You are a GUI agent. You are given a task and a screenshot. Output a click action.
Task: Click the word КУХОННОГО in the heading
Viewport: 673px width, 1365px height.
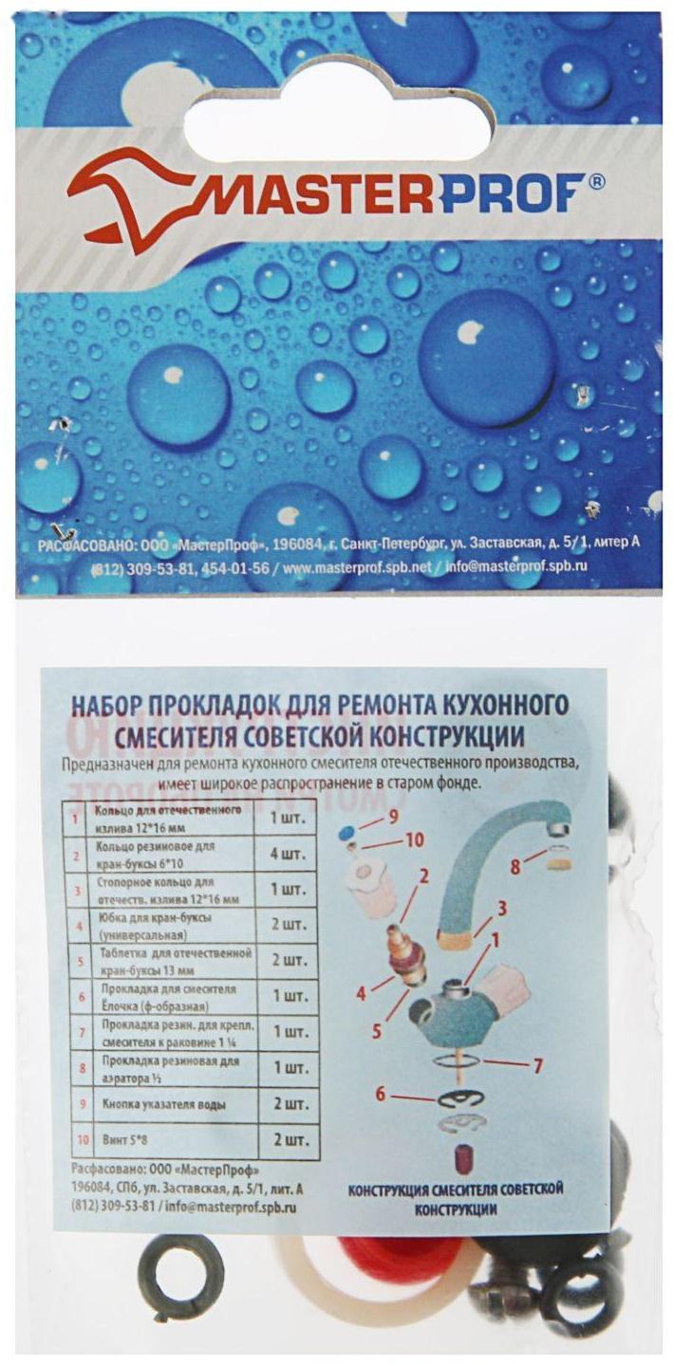coord(504,706)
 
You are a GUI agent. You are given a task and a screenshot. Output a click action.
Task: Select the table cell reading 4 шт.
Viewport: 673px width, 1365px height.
coord(289,854)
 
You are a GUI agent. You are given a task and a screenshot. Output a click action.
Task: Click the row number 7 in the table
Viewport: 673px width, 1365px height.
coord(77,1029)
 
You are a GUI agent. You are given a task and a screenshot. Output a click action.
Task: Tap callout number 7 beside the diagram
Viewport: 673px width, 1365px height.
coord(537,1065)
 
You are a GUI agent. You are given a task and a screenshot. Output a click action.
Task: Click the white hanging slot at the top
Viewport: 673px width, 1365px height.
coord(338,128)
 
